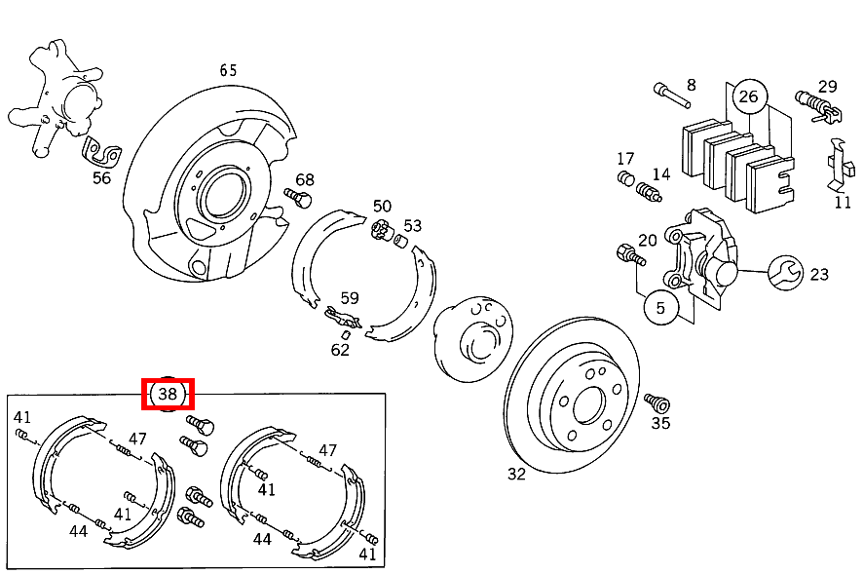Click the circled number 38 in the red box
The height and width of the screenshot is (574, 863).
(x=168, y=394)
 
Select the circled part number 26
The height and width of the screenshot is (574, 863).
(x=748, y=96)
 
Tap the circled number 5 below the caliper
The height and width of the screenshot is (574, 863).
(x=660, y=308)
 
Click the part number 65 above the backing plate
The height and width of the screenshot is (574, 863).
(x=228, y=70)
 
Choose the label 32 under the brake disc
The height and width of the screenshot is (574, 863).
(x=516, y=474)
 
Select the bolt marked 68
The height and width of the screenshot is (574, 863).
(x=297, y=199)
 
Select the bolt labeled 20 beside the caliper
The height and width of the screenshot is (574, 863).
(x=628, y=256)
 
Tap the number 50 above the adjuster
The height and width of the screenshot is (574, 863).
(x=382, y=207)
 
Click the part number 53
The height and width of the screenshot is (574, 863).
(x=412, y=225)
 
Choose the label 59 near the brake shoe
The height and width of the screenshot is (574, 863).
(x=349, y=299)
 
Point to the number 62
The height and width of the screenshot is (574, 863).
(x=339, y=350)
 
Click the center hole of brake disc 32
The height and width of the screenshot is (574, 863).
(x=587, y=405)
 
